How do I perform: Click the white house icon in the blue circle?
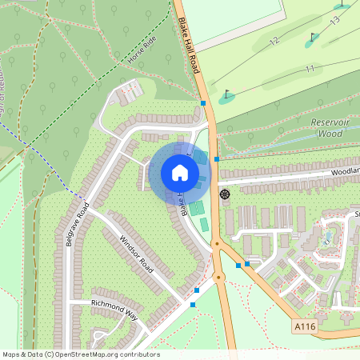(180, 172)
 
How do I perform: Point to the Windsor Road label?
(135, 254)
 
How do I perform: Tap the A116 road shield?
(304, 326)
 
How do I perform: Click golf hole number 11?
(310, 70)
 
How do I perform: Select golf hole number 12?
(274, 40)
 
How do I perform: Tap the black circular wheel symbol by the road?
(224, 194)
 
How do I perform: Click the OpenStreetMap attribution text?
(80, 354)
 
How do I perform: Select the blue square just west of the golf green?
(203, 103)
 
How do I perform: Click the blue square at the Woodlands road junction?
(217, 159)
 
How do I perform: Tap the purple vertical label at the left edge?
(8, 80)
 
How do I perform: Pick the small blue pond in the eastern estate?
(329, 238)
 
